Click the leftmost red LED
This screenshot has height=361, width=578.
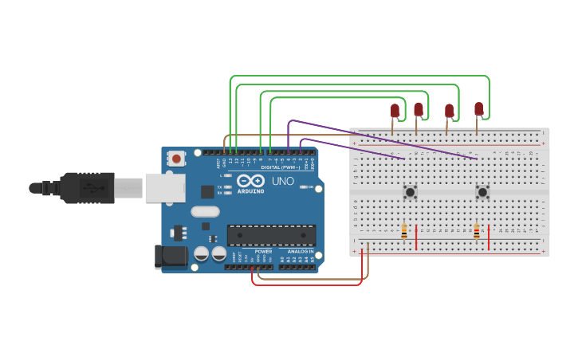tap(394, 111)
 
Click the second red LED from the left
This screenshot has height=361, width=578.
tap(418, 109)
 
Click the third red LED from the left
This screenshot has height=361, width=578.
tap(449, 111)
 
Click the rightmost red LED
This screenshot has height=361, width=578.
tap(478, 108)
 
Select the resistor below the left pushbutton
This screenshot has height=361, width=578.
tap(404, 231)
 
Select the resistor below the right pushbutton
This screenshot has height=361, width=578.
tap(477, 231)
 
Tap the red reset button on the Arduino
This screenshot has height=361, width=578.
tap(176, 159)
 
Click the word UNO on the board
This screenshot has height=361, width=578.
tap(282, 182)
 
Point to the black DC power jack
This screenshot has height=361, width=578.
tap(170, 256)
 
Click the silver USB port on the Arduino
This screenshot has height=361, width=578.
tap(164, 188)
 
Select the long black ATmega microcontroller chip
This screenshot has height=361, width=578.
tap(271, 235)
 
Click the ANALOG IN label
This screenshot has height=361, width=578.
tap(295, 251)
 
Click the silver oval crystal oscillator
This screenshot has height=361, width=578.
tap(205, 212)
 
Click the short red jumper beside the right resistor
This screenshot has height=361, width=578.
tap(489, 237)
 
